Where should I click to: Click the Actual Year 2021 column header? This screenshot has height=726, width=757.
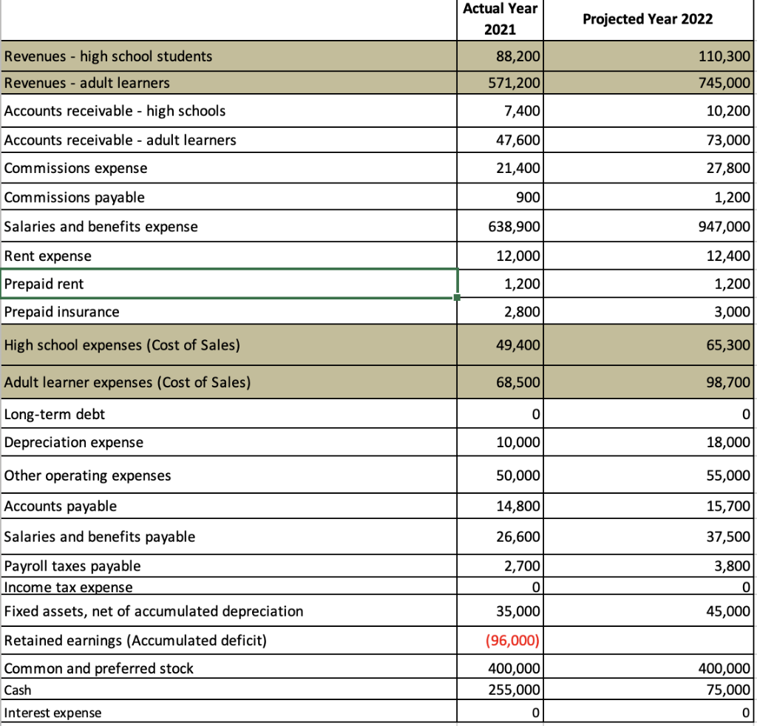tap(500, 19)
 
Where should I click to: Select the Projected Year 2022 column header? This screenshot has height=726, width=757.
tap(648, 19)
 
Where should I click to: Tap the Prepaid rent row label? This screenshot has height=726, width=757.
tap(44, 284)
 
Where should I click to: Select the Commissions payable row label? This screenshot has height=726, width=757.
tap(75, 197)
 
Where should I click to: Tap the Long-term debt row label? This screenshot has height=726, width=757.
tap(55, 414)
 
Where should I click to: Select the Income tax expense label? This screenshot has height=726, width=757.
tap(69, 588)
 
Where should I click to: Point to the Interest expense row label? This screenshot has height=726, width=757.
tap(53, 713)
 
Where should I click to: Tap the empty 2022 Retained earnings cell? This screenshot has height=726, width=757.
tap(649, 640)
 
